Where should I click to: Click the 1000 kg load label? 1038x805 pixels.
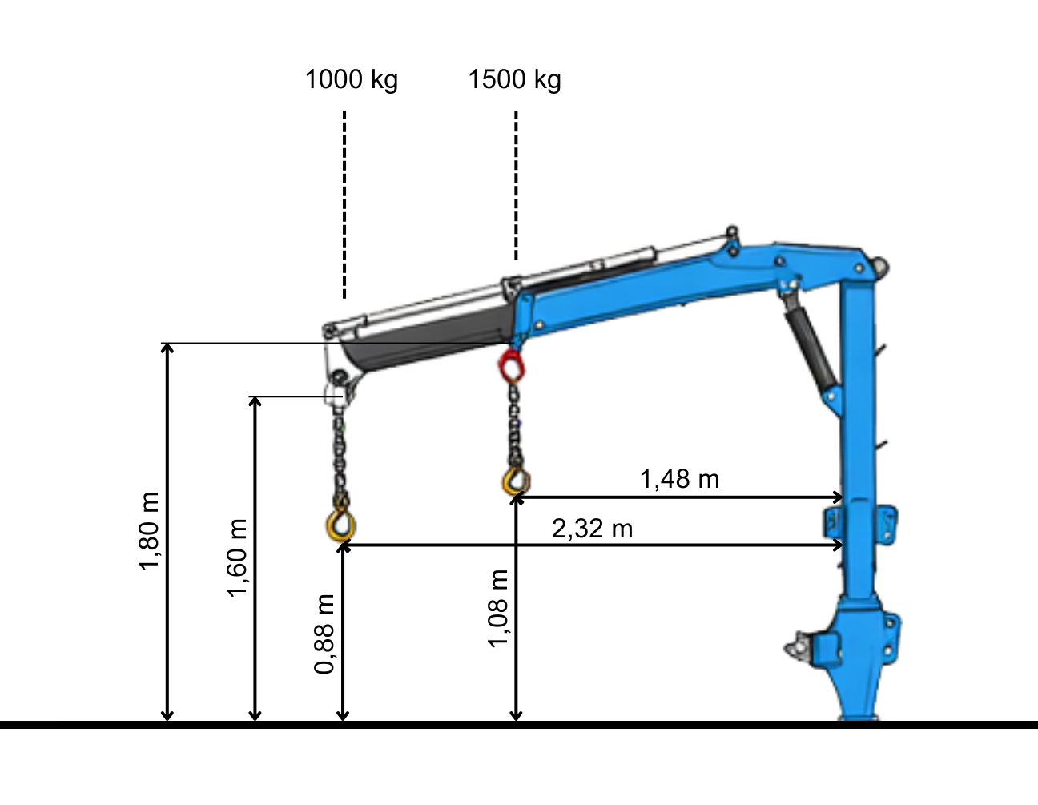pos(351,80)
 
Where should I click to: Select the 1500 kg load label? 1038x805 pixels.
pos(514,80)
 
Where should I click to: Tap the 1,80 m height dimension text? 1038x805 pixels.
pos(148,531)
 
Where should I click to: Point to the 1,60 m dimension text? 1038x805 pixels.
pos(236,558)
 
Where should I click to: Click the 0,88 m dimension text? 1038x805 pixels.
pos(324,634)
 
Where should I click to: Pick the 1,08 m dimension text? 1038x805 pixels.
pos(498,608)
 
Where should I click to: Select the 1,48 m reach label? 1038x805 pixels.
pos(679,479)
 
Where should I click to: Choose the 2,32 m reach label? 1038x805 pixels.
pos(593,529)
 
